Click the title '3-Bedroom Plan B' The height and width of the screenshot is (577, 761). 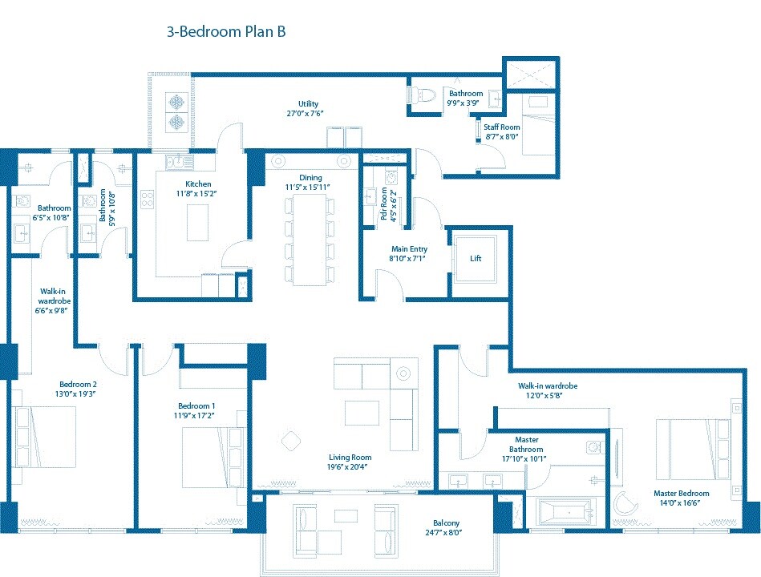coord(226,32)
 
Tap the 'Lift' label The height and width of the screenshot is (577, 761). coord(476,259)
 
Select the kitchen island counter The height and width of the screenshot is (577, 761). coord(198,222)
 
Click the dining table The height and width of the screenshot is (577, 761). coord(310,238)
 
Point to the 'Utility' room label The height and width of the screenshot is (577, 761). coord(309,103)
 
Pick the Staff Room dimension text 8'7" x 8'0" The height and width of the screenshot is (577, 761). coord(501,137)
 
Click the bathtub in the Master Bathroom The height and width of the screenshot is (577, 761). coord(563,510)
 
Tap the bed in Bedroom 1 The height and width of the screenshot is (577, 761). coord(211,458)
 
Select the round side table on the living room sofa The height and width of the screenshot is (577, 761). coord(403,373)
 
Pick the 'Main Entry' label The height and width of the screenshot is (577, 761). coord(408,249)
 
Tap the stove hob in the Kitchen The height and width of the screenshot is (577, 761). coord(148,199)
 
